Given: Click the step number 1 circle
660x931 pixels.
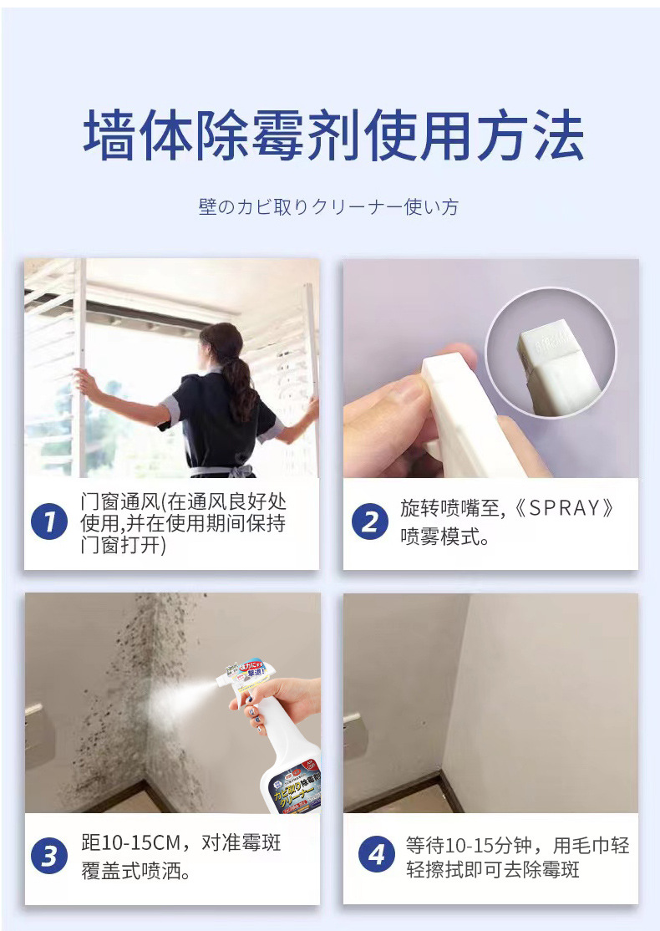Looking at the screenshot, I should point(49,522).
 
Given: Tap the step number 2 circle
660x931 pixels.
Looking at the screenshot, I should point(370,522).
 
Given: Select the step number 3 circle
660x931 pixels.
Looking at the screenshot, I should point(49,856).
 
